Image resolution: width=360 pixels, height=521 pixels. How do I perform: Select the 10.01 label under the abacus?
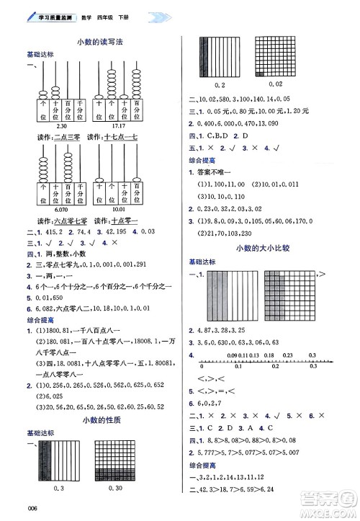point(120,209)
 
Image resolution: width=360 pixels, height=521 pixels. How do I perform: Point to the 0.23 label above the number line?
point(287,356)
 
